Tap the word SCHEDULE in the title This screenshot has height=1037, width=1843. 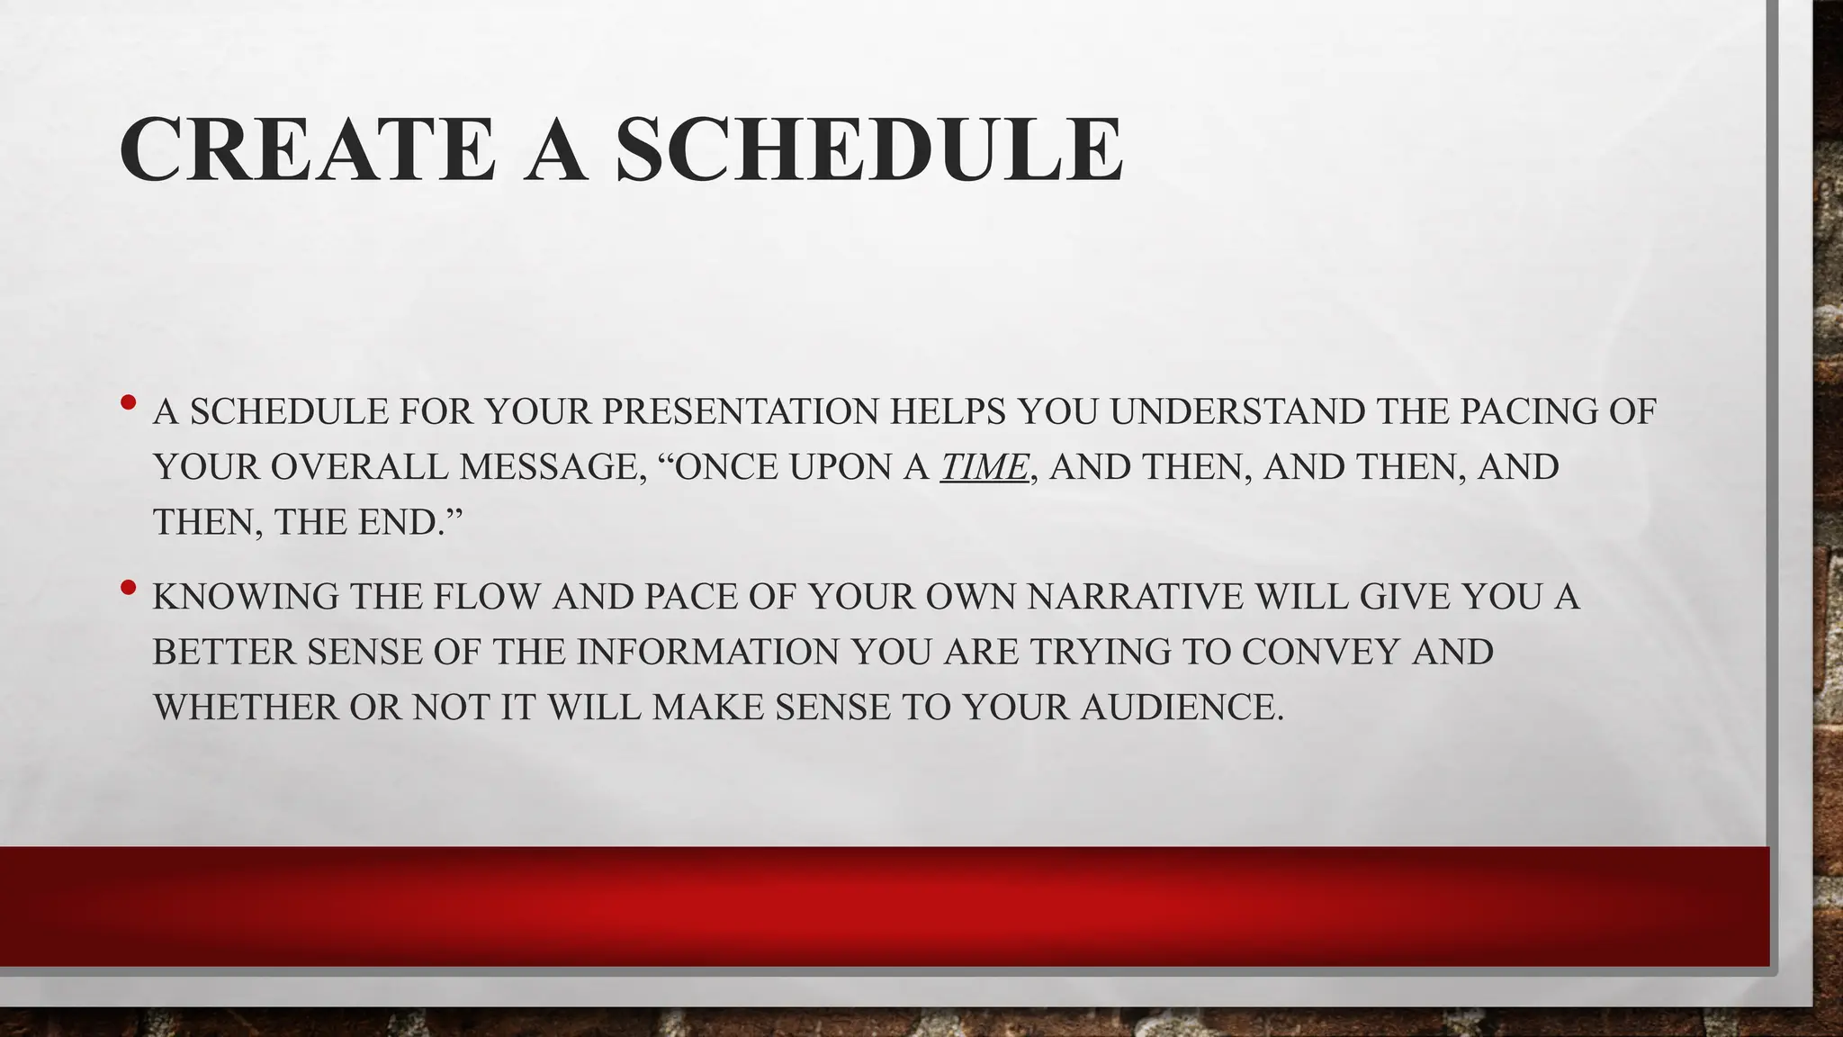869,149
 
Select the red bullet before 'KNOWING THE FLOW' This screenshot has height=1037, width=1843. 128,589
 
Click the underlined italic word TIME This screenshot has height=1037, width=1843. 984,467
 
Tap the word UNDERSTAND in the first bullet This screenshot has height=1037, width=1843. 1236,411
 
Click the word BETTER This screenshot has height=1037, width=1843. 224,652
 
